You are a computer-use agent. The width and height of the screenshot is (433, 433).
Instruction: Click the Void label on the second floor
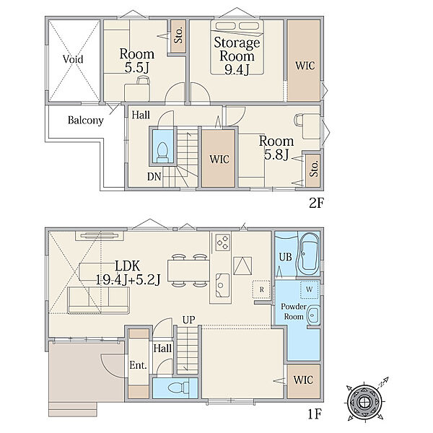(73, 59)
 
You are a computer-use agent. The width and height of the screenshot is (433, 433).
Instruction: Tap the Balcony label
(86, 120)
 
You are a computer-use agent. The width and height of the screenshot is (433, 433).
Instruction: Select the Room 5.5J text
(136, 61)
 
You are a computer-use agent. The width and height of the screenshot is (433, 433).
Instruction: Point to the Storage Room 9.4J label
(237, 56)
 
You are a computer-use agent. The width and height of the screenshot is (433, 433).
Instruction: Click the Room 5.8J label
(276, 148)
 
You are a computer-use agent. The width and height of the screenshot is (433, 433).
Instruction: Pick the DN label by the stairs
(154, 177)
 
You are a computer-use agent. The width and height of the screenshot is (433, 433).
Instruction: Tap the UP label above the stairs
(189, 320)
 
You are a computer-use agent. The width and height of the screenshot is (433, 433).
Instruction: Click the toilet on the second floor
(162, 152)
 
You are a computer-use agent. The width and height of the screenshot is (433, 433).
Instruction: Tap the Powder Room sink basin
(314, 315)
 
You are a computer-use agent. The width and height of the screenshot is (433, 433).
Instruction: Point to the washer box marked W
(310, 289)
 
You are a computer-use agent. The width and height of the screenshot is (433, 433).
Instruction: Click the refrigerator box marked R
(261, 289)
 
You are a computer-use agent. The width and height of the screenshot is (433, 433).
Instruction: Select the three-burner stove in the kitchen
(222, 242)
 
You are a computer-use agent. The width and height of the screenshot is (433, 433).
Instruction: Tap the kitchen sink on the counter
(222, 285)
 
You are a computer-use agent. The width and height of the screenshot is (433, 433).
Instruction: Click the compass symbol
(365, 400)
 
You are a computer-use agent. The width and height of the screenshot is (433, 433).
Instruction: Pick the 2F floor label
(316, 204)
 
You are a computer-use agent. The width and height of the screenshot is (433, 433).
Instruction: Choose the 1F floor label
(315, 414)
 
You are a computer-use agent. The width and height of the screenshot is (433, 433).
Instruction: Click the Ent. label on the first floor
(138, 365)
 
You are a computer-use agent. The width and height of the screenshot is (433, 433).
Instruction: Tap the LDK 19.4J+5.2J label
(128, 273)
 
